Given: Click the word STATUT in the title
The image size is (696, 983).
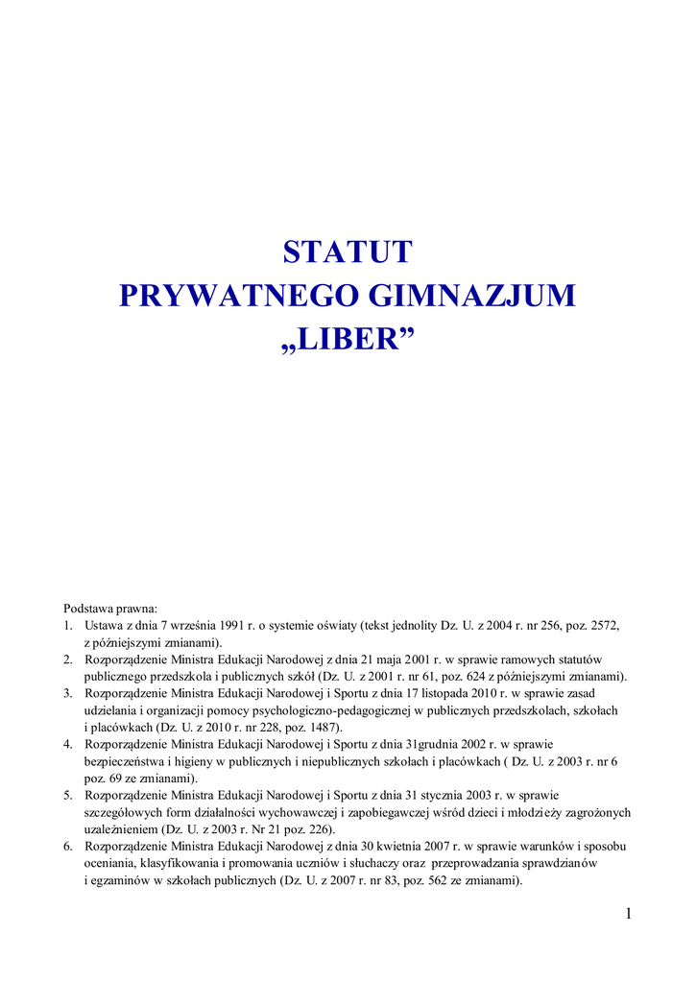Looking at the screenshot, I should pos(348,252).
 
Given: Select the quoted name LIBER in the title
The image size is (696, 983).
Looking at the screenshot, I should pos(348,339).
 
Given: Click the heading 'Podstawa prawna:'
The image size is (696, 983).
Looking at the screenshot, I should pos(110,609).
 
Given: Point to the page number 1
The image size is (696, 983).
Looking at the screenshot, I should pos(628,913).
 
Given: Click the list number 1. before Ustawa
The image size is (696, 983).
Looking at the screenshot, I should pos(68,625).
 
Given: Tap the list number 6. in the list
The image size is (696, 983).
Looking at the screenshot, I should pos(68,846).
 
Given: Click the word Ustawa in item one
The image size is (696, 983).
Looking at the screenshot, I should pos(105,625).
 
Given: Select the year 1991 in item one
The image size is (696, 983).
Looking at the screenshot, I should pos(236,625).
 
